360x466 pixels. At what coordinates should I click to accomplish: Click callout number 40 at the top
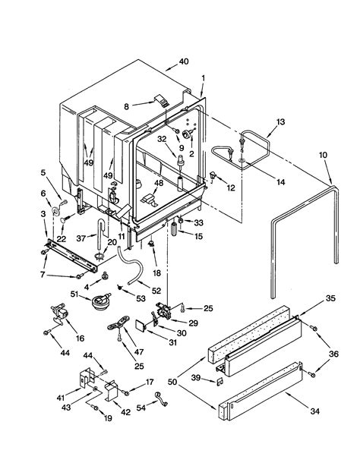[183, 61]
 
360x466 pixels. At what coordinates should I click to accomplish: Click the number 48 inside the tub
[159, 183]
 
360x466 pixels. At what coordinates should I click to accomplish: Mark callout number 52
[156, 291]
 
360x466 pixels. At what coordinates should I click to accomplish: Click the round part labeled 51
[96, 302]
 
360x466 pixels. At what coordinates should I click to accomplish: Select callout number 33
[199, 223]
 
